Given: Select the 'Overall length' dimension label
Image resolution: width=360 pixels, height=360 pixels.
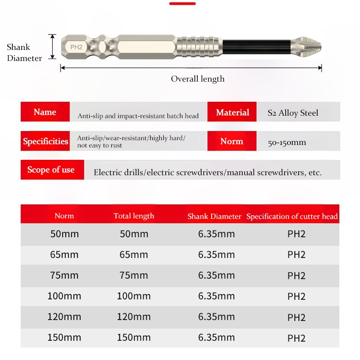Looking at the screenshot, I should (198, 79).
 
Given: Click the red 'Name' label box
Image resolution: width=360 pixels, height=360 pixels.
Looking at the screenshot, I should (45, 112).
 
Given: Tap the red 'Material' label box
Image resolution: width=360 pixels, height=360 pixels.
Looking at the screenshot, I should (232, 112).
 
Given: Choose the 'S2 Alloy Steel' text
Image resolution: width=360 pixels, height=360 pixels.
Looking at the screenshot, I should (293, 113).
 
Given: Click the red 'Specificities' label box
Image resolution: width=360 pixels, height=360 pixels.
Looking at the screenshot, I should (46, 141).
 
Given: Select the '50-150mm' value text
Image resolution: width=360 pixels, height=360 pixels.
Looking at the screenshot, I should (287, 142).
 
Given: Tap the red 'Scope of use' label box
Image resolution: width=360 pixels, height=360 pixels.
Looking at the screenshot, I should (51, 170).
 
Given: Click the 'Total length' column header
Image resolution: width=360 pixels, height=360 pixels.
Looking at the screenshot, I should (134, 216).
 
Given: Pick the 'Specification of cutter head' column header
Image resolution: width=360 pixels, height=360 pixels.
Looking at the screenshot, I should (292, 216).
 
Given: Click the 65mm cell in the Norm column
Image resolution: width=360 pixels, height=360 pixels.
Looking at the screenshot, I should (64, 254).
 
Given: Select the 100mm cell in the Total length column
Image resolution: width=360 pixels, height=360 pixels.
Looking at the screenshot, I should (134, 296).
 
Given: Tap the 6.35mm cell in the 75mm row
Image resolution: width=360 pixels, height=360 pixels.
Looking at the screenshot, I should (216, 276).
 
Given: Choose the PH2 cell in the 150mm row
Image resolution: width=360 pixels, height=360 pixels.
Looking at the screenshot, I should (296, 338).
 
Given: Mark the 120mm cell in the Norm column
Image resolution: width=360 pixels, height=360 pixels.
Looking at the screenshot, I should (64, 317).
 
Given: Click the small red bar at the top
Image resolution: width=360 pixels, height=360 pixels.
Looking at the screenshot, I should (182, 3).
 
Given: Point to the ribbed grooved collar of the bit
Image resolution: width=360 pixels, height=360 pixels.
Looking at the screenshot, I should (201, 47).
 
